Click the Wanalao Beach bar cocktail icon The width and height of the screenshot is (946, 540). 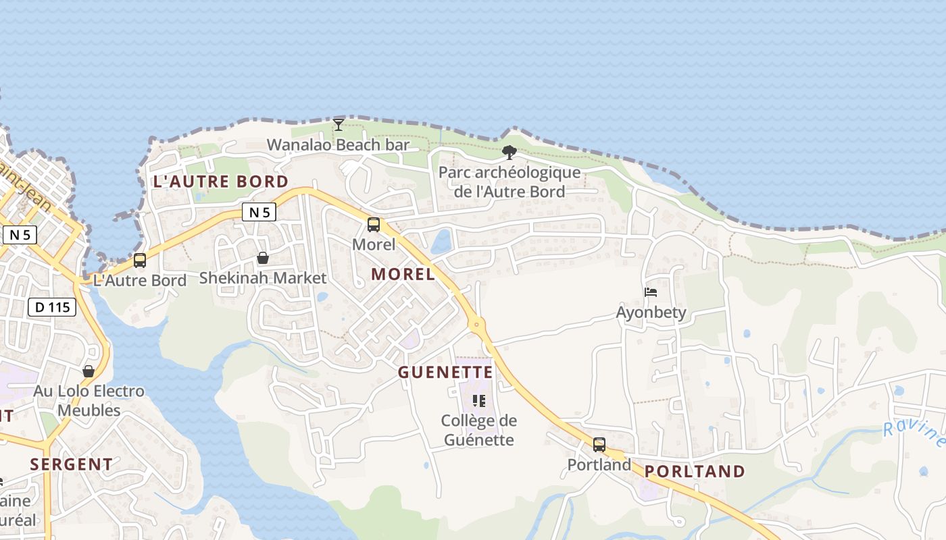coord(339,125)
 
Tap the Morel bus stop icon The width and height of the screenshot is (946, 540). coord(374,225)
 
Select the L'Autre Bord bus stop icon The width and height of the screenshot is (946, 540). coord(140,261)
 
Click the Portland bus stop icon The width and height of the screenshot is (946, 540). coord(599,445)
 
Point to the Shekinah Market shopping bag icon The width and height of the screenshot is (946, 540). coord(263,258)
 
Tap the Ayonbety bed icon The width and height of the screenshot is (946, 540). coord(651,292)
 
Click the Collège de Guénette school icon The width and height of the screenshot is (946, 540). coord(479,401)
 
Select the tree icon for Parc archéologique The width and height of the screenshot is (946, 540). coord(509,153)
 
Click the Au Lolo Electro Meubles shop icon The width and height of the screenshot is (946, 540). coord(89,371)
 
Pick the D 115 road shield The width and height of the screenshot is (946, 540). coord(52,308)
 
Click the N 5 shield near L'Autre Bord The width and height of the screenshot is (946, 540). coord(259,213)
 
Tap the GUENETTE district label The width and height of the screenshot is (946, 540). coord(445,373)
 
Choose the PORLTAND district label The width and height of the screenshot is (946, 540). coord(695,472)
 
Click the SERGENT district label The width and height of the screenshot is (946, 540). coord(72,464)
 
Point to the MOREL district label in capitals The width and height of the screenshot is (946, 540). coord(403,274)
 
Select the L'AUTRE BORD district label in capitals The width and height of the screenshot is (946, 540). coord(221,182)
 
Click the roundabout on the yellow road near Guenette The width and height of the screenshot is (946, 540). coord(477,325)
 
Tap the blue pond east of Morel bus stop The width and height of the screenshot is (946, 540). coord(442,242)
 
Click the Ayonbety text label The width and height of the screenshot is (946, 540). coord(651,313)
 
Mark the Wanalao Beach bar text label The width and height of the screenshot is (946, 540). coord(339,145)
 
